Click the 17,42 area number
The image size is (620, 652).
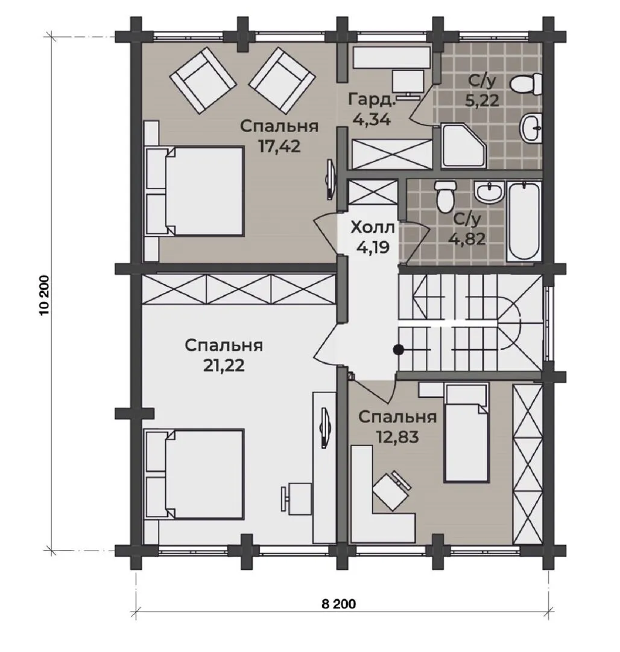point(279,146)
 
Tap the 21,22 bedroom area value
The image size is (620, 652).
point(224,365)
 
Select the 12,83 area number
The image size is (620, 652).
point(397,437)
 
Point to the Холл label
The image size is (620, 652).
point(373,228)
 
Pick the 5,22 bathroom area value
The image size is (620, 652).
point(482,100)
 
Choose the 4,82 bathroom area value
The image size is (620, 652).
point(468,238)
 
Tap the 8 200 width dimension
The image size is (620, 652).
point(338,604)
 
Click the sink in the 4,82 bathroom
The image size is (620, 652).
point(489,192)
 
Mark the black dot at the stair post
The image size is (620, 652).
point(398,350)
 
